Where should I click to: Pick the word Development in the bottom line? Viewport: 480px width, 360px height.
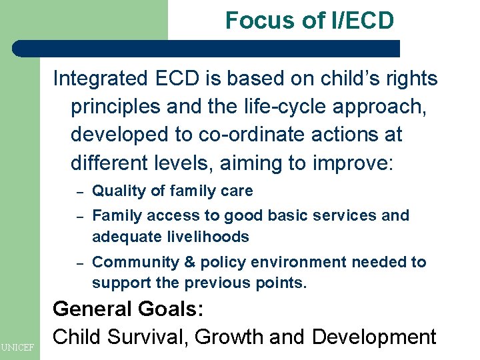pyautogui.click(x=373, y=337)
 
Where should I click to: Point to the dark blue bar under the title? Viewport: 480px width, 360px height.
pyautogui.click(x=207, y=49)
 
